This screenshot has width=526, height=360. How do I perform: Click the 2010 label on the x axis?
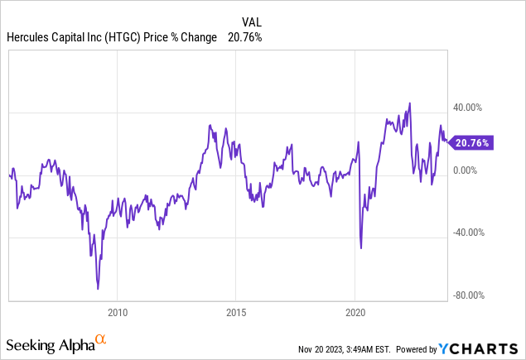[x=118, y=314]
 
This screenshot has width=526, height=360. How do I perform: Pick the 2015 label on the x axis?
[x=236, y=314]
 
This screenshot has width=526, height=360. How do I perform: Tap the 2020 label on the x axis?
[x=355, y=314]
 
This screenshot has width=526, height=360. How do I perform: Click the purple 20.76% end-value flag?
[x=472, y=142]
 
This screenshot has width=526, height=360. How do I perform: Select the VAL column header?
[x=252, y=22]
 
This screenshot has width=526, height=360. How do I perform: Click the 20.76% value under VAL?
[x=246, y=37]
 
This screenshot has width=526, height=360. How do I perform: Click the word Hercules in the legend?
[x=28, y=37]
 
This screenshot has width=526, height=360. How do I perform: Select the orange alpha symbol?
[x=101, y=339]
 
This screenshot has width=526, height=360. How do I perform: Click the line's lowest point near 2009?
[x=98, y=289]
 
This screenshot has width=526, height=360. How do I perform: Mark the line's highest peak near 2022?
[x=409, y=103]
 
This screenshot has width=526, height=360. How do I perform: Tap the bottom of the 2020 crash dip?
[x=361, y=247]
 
